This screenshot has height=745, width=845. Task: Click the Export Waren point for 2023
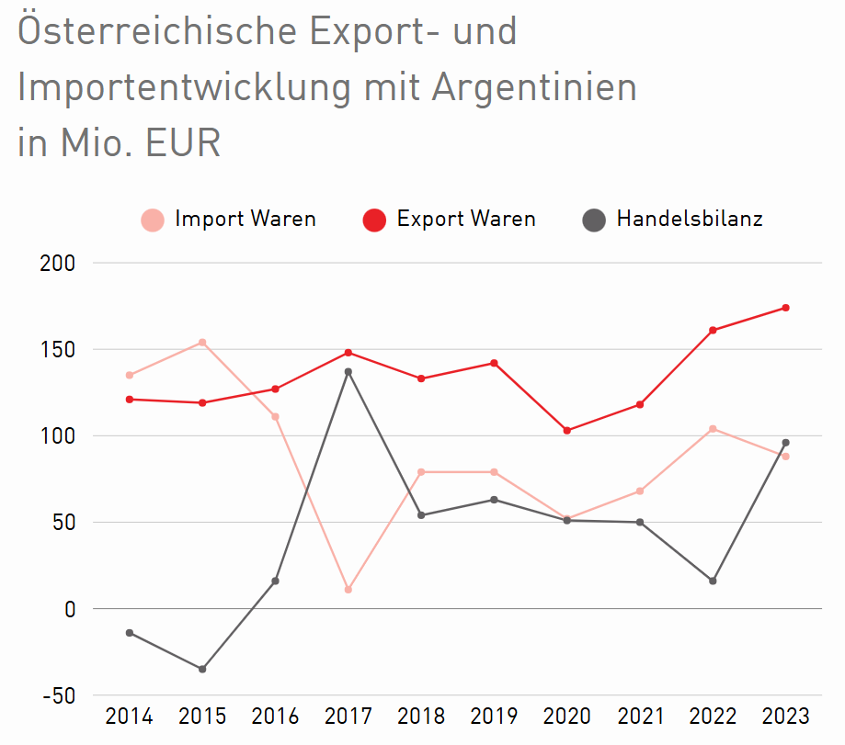(x=785, y=308)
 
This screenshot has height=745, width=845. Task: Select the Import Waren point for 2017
(x=348, y=589)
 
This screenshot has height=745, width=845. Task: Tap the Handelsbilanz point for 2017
(x=348, y=372)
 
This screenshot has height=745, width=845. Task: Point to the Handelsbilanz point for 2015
(x=202, y=669)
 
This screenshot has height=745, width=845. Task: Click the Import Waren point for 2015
(x=202, y=343)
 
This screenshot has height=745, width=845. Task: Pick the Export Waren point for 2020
(x=566, y=431)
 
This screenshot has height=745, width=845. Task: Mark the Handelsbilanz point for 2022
(x=713, y=581)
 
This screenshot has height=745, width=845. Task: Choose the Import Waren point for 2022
(x=713, y=429)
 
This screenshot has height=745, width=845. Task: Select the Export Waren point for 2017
(x=348, y=353)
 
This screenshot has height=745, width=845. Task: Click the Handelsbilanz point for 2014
(x=130, y=633)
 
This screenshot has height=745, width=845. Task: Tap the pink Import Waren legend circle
(x=153, y=220)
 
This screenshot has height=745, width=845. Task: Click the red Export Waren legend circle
(x=374, y=220)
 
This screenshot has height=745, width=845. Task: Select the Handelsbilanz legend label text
(x=690, y=220)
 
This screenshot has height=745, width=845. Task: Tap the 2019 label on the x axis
(x=494, y=717)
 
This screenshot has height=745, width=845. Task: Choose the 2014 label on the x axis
(x=130, y=717)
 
